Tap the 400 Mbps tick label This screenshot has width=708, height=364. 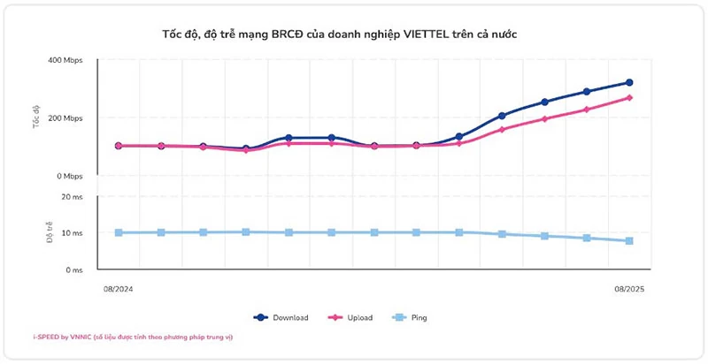[x=65, y=60]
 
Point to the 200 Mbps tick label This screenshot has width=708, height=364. [x=65, y=118]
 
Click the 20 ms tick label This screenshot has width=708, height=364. [x=72, y=196]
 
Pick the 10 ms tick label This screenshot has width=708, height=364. [x=72, y=233]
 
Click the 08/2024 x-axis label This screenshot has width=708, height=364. [x=118, y=288]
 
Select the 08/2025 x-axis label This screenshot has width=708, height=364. [x=629, y=288]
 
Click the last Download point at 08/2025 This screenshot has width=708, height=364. [x=629, y=82]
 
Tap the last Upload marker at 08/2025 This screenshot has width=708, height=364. [x=629, y=97]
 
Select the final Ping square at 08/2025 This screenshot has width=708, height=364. [x=629, y=241]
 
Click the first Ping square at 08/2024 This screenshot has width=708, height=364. [x=119, y=232]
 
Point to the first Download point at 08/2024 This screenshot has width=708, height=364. [x=119, y=146]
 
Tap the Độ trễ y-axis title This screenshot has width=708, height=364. [x=37, y=232]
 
